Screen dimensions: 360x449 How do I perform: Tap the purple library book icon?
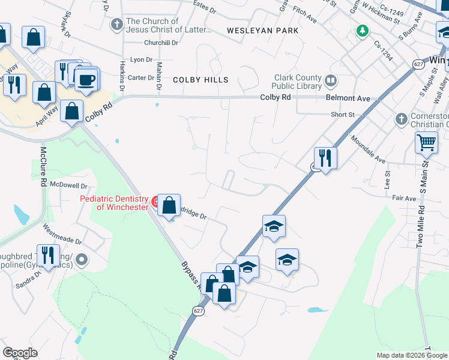coord(330,80)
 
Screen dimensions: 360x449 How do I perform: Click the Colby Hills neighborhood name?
coord(200,80)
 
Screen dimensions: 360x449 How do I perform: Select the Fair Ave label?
coord(403,198)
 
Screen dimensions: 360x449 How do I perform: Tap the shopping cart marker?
coord(426,143)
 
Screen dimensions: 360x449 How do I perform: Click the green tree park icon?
coord(362,30)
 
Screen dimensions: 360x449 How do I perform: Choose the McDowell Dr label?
coord(68,185)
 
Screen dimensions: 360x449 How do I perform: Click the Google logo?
coord(20,353)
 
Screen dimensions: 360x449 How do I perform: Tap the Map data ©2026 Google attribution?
coord(412,355)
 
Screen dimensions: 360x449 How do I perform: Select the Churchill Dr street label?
coord(161,43)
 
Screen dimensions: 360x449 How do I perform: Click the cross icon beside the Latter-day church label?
coord(118,25)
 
